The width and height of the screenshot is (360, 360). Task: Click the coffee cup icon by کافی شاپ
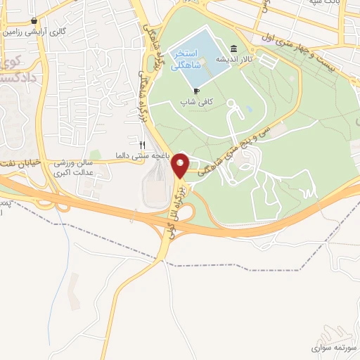click(196, 91)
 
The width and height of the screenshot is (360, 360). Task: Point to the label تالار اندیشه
click(233, 59)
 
